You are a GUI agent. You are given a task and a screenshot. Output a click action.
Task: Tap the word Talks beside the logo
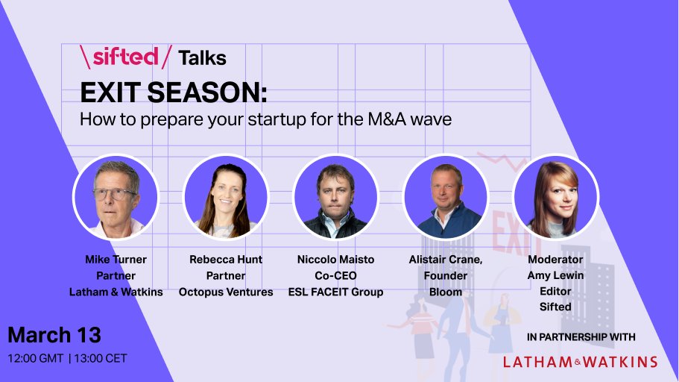coord(202,57)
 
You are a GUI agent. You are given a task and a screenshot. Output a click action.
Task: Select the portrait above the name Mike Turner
coord(116,197)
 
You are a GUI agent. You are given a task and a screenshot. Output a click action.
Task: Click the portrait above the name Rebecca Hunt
coord(226,197)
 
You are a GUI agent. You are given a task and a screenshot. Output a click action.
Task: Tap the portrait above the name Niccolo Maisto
coord(335,197)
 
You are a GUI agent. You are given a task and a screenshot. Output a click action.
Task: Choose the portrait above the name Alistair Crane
coord(445,197)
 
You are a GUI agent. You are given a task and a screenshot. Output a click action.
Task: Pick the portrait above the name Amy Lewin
coord(555,197)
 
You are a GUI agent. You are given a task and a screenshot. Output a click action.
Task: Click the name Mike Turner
coord(116,260)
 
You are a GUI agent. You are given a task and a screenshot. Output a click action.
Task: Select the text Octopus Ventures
coord(226,292)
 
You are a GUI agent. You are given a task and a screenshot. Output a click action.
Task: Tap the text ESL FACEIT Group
coord(335,292)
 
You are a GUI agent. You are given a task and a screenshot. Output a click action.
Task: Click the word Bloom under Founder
coord(446,292)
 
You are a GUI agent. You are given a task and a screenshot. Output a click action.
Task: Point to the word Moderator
coord(555,260)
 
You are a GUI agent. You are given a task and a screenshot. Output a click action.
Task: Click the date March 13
coord(54,334)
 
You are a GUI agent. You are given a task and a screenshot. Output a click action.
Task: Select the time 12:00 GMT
coord(35,358)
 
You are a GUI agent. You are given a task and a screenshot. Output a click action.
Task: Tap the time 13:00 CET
coord(101,358)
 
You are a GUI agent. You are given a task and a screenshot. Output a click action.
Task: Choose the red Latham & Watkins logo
coord(580,362)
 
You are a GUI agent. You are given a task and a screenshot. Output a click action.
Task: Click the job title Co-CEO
coord(335,275)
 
